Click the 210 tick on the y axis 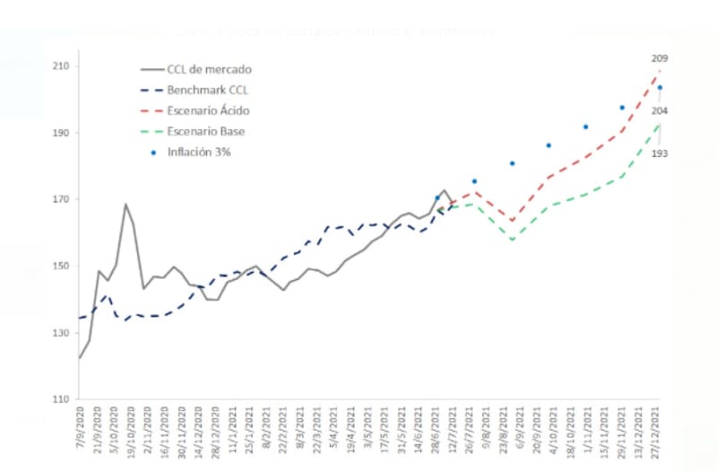[x=61, y=66]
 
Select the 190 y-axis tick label [x=61, y=133]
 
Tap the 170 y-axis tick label [x=61, y=199]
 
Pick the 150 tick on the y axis [x=61, y=267]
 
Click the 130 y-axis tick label [x=61, y=333]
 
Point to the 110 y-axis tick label [x=61, y=399]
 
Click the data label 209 [x=660, y=58]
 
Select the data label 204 [x=659, y=111]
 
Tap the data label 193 [x=659, y=153]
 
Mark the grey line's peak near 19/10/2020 [x=125, y=204]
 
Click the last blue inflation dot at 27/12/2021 [x=660, y=88]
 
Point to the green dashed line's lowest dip [x=512, y=240]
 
